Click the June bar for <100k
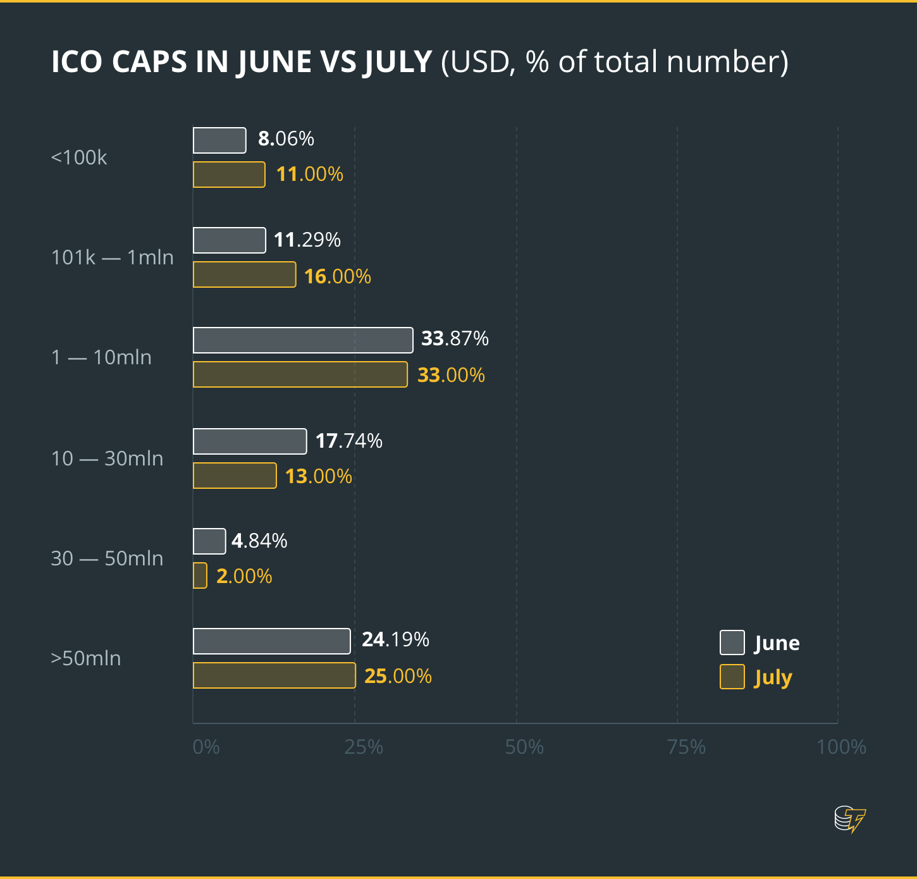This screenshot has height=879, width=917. click(x=219, y=140)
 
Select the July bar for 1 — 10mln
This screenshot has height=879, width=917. click(x=300, y=374)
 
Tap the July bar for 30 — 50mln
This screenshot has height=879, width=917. click(x=200, y=575)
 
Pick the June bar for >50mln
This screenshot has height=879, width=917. click(x=272, y=641)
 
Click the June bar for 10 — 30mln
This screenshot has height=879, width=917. click(x=250, y=441)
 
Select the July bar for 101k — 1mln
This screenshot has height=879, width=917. click(x=245, y=274)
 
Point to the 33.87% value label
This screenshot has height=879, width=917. click(x=455, y=339)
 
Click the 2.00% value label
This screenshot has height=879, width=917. click(x=244, y=576)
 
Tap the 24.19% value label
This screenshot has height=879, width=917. click(x=395, y=640)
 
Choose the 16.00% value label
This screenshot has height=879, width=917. click(x=337, y=276)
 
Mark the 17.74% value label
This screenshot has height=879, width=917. click(x=348, y=441)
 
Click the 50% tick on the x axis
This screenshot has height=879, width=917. click(x=524, y=747)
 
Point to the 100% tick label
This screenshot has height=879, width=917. click(x=841, y=747)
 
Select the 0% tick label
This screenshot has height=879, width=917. click(x=206, y=747)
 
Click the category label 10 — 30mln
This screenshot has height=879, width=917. click(x=107, y=458)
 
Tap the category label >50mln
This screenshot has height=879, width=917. click(x=86, y=658)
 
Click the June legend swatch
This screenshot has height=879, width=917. click(x=732, y=642)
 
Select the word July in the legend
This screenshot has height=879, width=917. click(x=773, y=678)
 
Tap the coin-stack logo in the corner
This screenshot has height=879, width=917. click(x=849, y=819)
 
